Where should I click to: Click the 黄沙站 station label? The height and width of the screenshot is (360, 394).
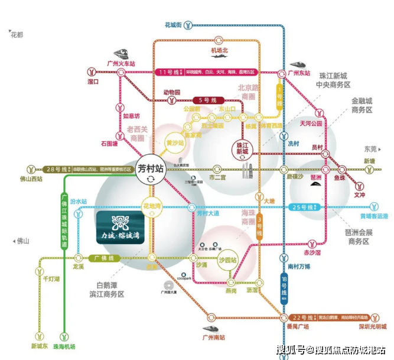pos(171,142)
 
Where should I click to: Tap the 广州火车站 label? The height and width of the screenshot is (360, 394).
pos(121,63)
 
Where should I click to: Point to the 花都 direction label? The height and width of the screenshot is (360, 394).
pos(17,35)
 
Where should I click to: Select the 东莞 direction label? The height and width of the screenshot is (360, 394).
pos(370,149)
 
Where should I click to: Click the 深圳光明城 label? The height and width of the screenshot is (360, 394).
pos(373,326)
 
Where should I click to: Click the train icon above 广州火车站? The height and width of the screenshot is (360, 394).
pos(125,52)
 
